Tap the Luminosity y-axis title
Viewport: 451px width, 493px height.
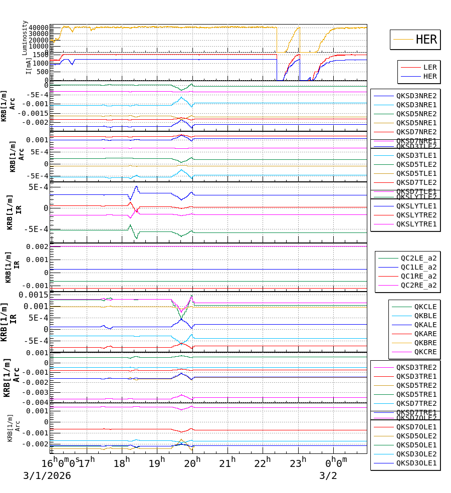point(25,38)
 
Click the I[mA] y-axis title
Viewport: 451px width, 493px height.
point(29,65)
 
